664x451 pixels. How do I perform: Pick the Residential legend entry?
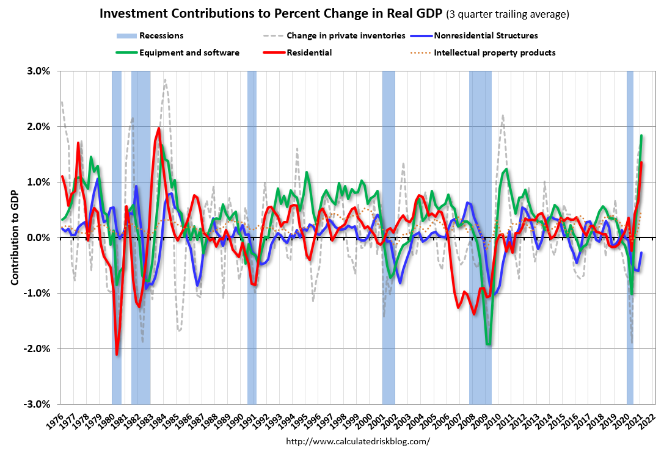[312, 52]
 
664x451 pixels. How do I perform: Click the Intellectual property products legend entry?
[494, 52]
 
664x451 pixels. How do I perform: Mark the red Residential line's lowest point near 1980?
[117, 354]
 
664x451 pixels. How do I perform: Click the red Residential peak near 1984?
[159, 128]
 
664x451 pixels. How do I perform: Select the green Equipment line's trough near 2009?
[488, 344]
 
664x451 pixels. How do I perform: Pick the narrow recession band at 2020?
[630, 238]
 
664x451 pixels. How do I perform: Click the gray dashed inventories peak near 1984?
[165, 80]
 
